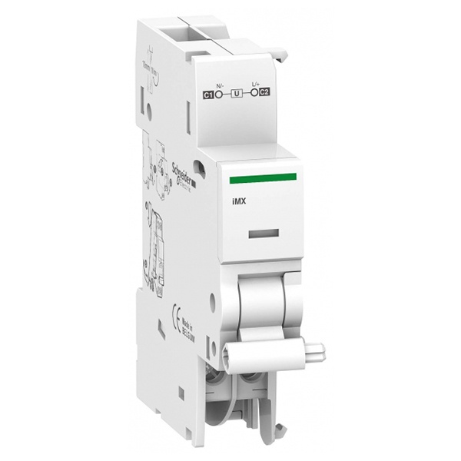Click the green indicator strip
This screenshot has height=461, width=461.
[x=263, y=178]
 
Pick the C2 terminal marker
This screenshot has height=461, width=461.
[x=264, y=93]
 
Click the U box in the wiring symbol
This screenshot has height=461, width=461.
[x=235, y=94]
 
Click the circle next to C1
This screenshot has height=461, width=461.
[x=217, y=95]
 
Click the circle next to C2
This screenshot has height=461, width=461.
[x=254, y=93]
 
